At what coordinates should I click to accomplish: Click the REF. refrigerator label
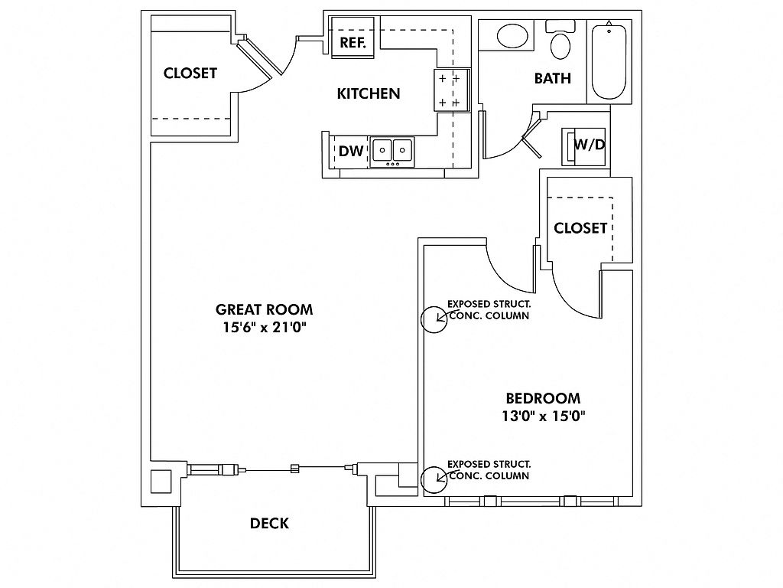353,43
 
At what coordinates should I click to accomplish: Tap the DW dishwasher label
351,151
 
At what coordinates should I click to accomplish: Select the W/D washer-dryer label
590,145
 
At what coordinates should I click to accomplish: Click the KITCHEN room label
369,93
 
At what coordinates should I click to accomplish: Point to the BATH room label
553,79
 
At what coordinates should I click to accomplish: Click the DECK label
270,524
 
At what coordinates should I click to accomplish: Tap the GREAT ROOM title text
264,309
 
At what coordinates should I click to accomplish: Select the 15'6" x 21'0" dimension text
264,328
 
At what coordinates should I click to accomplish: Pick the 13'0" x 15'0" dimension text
544,416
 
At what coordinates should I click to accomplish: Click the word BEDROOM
544,398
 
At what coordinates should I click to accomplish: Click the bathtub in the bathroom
609,62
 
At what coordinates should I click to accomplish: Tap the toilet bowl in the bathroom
560,45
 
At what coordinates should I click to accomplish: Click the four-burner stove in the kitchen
452,90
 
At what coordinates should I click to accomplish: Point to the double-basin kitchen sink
392,152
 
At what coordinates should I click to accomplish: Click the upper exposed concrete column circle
434,319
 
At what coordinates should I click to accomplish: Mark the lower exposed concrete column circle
434,479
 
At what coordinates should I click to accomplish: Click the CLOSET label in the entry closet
190,73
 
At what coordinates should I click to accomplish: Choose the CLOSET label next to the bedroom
580,228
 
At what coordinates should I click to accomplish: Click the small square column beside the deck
161,482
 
